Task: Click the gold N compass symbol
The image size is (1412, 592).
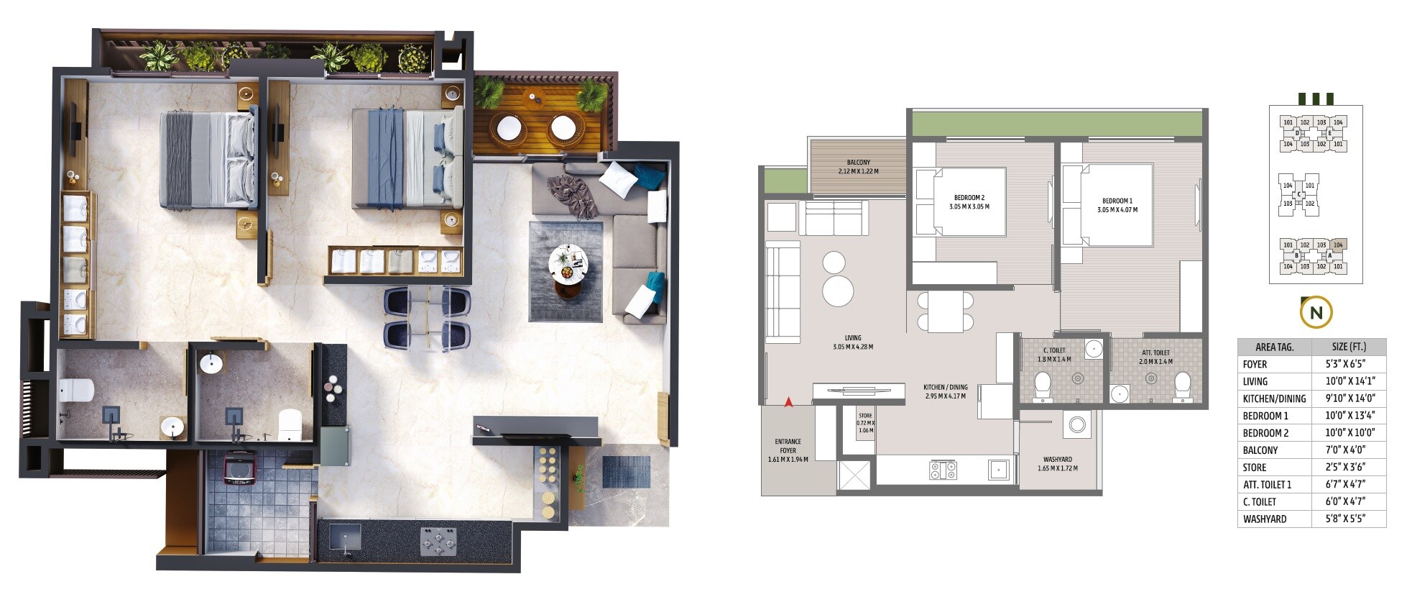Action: click(1316, 313)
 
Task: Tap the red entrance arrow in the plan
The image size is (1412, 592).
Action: click(788, 402)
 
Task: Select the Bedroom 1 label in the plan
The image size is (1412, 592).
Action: click(1117, 206)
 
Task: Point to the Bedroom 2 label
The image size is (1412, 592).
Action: click(969, 202)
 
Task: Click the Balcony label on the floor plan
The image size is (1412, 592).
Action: click(858, 167)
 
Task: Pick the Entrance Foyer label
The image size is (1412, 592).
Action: click(788, 450)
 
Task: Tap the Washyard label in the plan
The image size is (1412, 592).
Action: click(1057, 463)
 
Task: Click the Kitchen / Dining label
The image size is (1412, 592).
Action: click(945, 391)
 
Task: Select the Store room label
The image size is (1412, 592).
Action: click(865, 423)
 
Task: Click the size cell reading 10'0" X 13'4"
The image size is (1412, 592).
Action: click(1349, 416)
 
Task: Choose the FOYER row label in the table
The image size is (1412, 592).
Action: click(1255, 365)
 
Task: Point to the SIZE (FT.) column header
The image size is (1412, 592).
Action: click(1349, 347)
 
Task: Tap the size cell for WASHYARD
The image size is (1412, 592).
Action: click(1349, 519)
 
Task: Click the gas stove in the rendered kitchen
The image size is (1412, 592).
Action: click(438, 541)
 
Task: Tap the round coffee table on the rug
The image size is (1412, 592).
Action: click(568, 263)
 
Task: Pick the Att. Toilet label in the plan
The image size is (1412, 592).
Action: click(1155, 357)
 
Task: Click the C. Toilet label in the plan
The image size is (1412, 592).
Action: click(1054, 355)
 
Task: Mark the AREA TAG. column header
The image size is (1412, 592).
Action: click(1274, 347)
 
